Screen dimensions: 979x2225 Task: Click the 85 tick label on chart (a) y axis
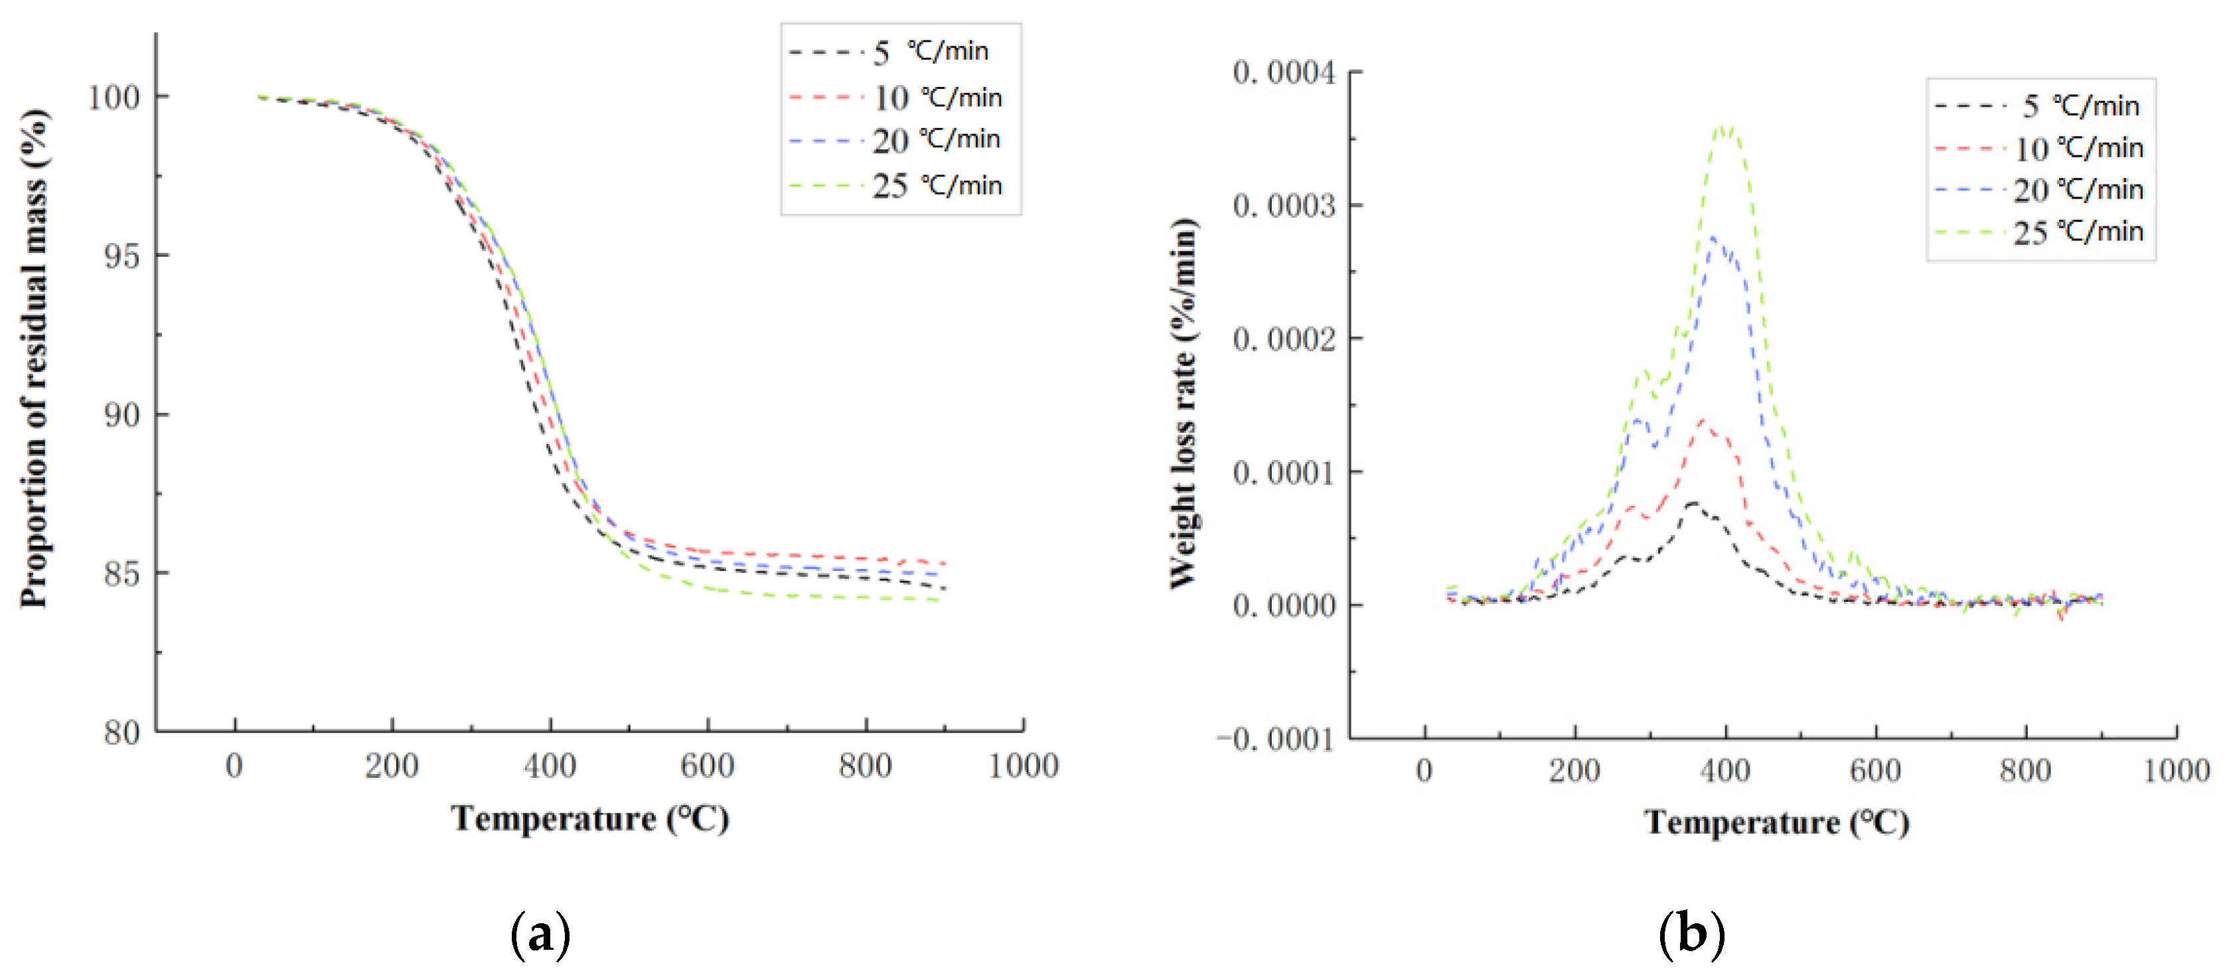click(x=121, y=573)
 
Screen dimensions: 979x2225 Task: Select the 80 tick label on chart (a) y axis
click(x=121, y=733)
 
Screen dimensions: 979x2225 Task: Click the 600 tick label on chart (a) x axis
click(x=708, y=766)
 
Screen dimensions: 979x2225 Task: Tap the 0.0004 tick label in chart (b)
click(x=1284, y=72)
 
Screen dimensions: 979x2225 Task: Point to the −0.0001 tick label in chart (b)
click(x=1276, y=739)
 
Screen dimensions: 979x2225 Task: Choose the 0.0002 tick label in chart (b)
click(x=1284, y=339)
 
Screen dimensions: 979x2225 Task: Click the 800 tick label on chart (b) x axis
click(x=2025, y=770)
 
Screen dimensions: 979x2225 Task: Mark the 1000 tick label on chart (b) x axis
click(x=2176, y=770)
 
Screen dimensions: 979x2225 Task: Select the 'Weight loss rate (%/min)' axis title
click(x=1184, y=404)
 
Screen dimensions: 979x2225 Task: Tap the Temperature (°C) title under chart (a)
click(x=590, y=818)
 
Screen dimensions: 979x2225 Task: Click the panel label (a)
click(x=541, y=934)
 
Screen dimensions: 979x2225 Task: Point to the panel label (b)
click(x=1691, y=934)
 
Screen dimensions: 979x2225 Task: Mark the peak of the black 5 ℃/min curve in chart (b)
click(x=1692, y=502)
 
